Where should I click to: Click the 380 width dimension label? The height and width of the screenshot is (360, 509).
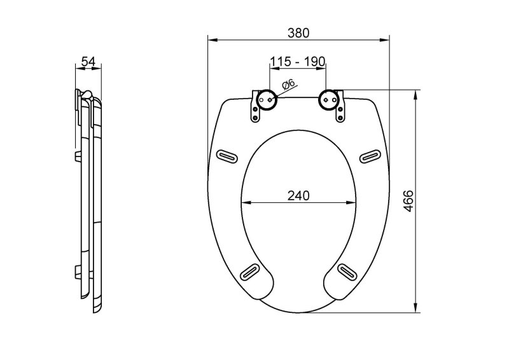click(x=298, y=33)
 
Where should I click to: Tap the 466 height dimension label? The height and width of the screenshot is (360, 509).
click(x=408, y=201)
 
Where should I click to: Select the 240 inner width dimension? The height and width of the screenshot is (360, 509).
click(x=298, y=195)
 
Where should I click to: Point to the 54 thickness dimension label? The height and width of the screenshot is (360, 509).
click(x=88, y=61)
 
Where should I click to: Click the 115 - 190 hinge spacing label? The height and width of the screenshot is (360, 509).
click(x=298, y=61)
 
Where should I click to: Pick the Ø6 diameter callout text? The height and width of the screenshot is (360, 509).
click(x=288, y=85)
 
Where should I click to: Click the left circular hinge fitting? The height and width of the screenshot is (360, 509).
click(x=267, y=100)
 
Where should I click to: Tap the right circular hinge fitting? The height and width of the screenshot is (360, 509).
click(x=329, y=100)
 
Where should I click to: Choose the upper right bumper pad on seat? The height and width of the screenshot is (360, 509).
click(x=370, y=156)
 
